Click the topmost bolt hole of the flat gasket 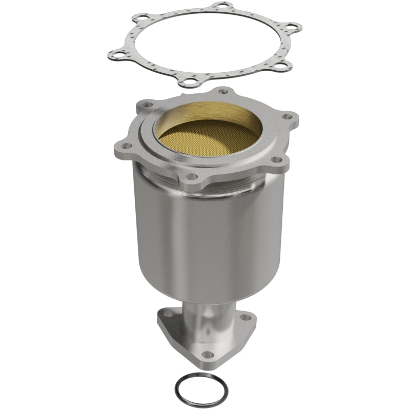pos(221,6)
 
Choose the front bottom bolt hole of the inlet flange pos(191,177)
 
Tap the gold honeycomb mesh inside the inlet pos(208,138)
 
